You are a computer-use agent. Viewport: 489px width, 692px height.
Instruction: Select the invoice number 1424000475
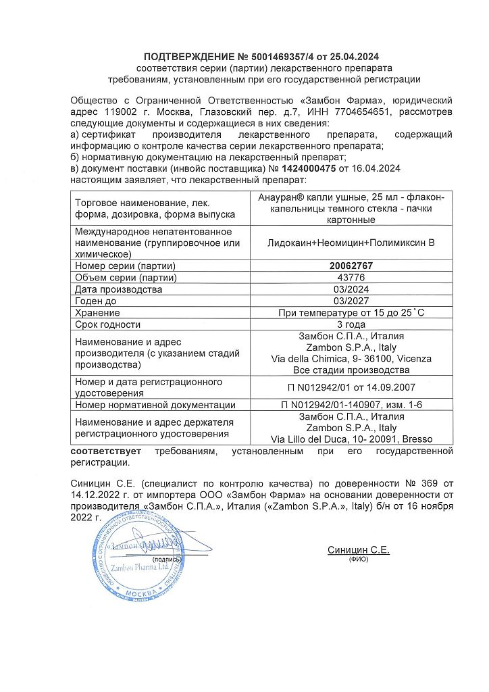(x=309, y=169)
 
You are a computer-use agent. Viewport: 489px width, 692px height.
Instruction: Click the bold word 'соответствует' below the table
(x=102, y=451)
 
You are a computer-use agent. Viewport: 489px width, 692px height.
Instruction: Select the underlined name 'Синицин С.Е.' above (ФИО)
(x=358, y=550)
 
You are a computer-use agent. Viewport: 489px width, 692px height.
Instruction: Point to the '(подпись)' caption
(x=167, y=560)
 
